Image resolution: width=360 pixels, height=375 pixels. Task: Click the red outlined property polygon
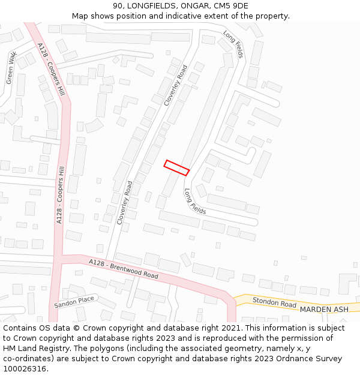pos(177,167)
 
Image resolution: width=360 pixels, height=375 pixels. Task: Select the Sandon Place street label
pos(74,302)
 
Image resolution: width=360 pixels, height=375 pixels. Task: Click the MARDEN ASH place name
pos(324,309)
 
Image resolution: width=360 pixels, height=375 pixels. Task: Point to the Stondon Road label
pos(274,303)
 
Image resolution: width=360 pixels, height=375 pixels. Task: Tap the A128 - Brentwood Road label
pos(124,269)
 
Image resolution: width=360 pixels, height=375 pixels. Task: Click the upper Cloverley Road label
pos(176,85)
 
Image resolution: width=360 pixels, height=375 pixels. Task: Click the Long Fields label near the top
pos(233,44)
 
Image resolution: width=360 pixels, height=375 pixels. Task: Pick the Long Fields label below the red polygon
pos(195,202)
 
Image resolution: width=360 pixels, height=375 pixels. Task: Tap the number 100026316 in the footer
pos(26,368)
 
